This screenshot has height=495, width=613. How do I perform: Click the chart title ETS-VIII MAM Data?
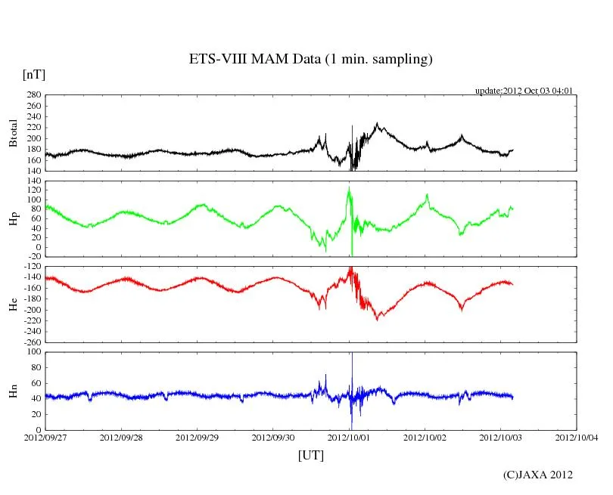click(x=310, y=60)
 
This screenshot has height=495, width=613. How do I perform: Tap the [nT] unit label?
click(x=34, y=74)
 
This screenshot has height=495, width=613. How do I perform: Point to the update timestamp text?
click(x=524, y=91)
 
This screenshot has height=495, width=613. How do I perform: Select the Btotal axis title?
click(x=13, y=132)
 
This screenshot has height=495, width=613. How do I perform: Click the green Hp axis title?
click(x=13, y=218)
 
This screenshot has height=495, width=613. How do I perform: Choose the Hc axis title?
click(x=13, y=304)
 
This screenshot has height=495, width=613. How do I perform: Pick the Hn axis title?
click(x=13, y=391)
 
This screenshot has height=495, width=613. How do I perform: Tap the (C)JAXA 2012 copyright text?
click(x=537, y=475)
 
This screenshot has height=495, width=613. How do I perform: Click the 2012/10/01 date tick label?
click(x=349, y=438)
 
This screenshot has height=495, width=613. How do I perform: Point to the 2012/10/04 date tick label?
click(x=577, y=438)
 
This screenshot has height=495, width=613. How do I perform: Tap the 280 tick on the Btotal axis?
click(x=33, y=95)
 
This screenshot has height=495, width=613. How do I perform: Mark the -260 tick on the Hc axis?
click(x=30, y=342)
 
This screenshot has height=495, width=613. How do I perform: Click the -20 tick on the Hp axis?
click(x=33, y=257)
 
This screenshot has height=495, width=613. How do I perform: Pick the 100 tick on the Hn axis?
click(x=33, y=352)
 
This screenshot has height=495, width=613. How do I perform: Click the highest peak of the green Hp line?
click(x=349, y=187)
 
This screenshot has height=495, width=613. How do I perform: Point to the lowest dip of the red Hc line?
click(x=378, y=318)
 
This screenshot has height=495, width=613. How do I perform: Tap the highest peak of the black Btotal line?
click(x=377, y=123)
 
